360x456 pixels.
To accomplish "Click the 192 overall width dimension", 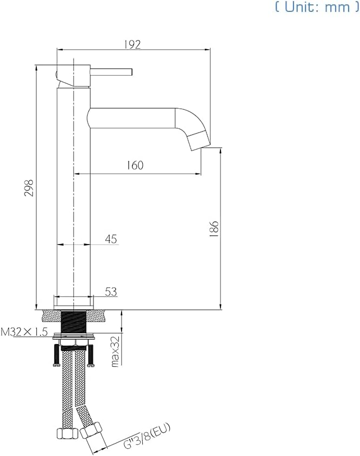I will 133,45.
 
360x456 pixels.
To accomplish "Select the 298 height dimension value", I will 30,188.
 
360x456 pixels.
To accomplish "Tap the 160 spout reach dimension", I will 136,165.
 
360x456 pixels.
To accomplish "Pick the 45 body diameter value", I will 111,239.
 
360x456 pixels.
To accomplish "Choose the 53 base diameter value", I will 111,292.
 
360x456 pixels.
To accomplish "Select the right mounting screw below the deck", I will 92,355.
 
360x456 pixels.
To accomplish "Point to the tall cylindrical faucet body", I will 74,195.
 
